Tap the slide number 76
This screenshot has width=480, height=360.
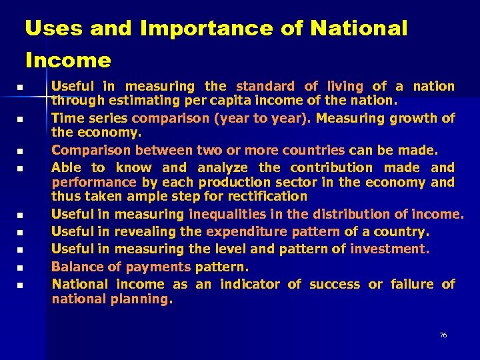(443, 335)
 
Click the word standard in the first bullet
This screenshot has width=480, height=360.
(265, 86)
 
